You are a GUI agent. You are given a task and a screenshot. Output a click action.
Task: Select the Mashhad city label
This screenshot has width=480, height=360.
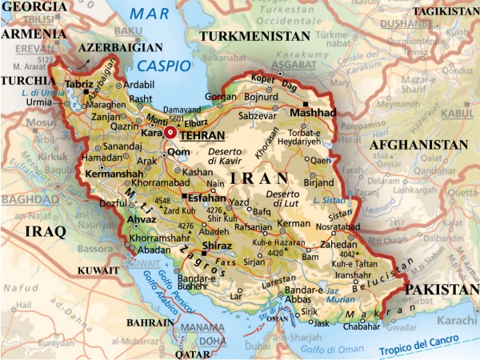pos(313,112)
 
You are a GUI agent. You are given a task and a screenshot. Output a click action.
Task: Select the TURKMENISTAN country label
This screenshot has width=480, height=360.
pos(254,37)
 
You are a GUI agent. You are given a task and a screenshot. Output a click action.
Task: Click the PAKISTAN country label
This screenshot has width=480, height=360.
pos(439,289)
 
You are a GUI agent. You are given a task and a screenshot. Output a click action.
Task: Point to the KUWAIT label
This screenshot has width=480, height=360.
pos(98,271)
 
